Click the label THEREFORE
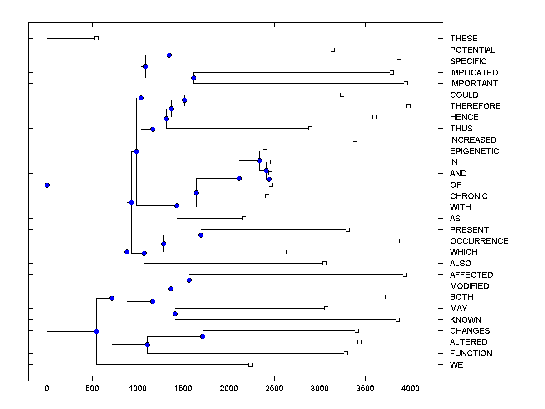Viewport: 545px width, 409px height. (475, 106)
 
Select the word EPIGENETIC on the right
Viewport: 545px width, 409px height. (474, 151)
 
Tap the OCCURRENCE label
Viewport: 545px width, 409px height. (479, 241)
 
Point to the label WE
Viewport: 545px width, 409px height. (456, 364)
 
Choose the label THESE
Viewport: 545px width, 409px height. (464, 39)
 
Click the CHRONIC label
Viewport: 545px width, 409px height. (469, 196)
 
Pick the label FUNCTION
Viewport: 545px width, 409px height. (471, 353)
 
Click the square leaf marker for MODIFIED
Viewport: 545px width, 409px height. (424, 286)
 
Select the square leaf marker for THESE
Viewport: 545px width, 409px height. (96, 38)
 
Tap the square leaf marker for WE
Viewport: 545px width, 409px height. (250, 364)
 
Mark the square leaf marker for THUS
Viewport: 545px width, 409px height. (310, 128)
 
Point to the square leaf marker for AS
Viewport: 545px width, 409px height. (244, 218)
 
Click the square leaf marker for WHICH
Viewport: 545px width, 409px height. (288, 252)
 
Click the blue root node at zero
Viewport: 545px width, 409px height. (47, 185)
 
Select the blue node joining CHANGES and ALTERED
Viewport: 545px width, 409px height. (203, 336)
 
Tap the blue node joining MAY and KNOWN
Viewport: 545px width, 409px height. (175, 314)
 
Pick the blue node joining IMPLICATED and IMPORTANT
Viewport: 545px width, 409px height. (193, 78)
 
